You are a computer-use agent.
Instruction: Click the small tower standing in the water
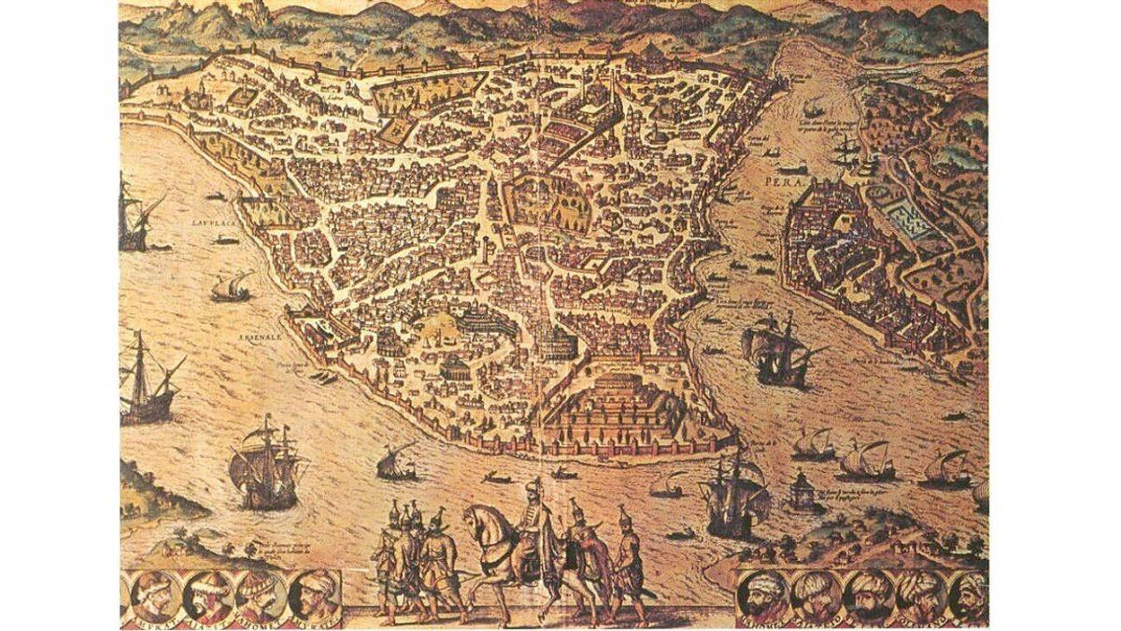click(802, 487)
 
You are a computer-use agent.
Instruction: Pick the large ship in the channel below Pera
click(776, 349)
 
